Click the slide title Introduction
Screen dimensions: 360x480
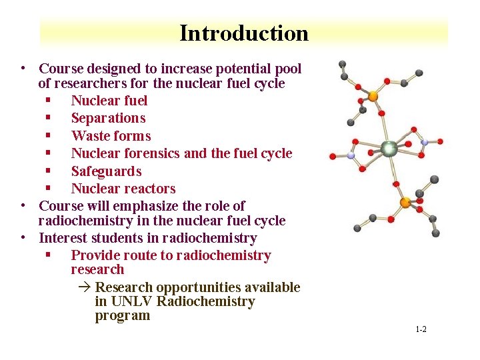click(244, 33)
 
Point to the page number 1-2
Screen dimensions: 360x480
click(421, 330)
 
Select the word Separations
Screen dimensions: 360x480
click(108, 119)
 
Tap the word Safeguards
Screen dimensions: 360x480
click(106, 171)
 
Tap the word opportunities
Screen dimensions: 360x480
click(199, 288)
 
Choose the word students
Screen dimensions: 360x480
click(111, 238)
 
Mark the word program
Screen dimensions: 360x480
click(123, 316)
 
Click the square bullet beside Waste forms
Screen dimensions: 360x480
click(49, 136)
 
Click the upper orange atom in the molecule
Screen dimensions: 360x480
click(373, 97)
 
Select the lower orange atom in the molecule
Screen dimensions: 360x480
click(405, 202)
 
